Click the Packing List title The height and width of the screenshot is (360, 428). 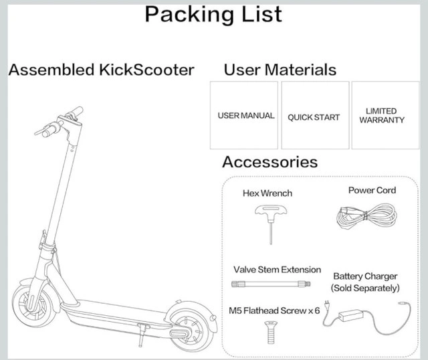[x=213, y=14]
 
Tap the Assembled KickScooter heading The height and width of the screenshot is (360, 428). [x=101, y=70]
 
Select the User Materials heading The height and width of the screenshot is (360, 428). [x=280, y=70]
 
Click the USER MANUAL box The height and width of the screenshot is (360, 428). [x=245, y=115]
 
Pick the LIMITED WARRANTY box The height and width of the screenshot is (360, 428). [x=382, y=115]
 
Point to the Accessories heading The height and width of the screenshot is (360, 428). [x=270, y=162]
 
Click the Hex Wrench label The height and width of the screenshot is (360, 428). [x=267, y=193]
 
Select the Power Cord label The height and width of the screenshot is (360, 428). [x=372, y=191]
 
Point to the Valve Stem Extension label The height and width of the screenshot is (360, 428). [x=277, y=270]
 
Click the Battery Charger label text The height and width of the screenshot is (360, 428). [x=365, y=282]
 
